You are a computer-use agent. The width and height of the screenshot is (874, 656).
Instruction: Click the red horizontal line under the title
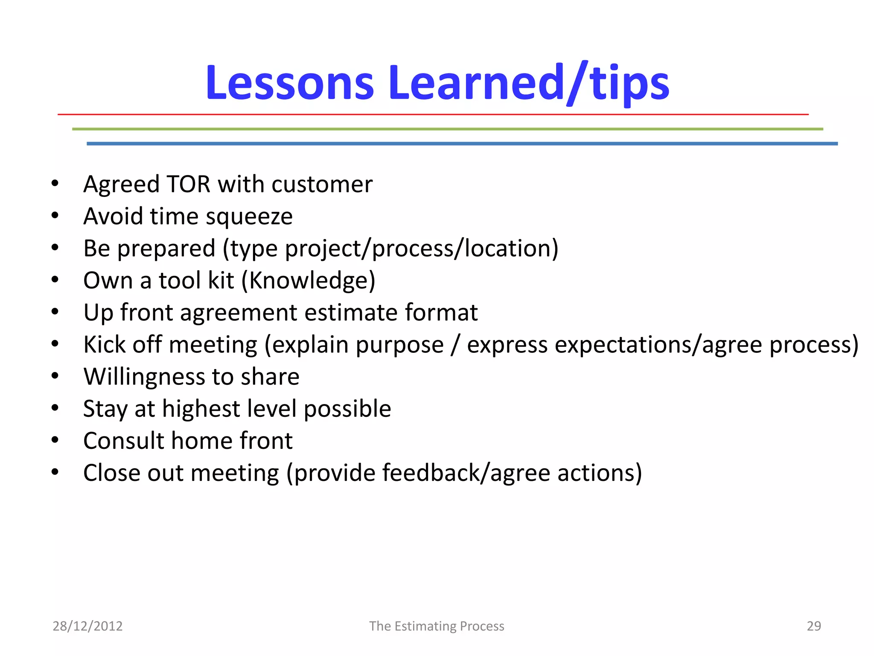pos(433,114)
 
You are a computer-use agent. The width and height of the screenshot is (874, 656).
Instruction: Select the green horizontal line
pos(447,129)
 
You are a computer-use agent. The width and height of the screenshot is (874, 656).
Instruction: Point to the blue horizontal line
pos(462,144)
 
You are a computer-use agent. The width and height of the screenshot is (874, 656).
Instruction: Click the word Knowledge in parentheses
pos(308,281)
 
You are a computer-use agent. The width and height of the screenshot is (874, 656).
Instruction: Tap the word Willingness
pos(144,377)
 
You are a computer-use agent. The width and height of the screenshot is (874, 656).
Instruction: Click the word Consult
pos(123,441)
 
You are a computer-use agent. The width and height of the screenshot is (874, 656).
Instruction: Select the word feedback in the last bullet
pos(431,473)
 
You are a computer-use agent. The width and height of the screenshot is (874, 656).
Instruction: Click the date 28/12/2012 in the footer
pos(87,626)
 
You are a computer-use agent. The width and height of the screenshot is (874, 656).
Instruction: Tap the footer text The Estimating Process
pos(437,626)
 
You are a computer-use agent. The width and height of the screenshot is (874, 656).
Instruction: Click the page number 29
pos(813,626)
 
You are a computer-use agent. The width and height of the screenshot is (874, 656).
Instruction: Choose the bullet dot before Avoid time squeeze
pos(55,216)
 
